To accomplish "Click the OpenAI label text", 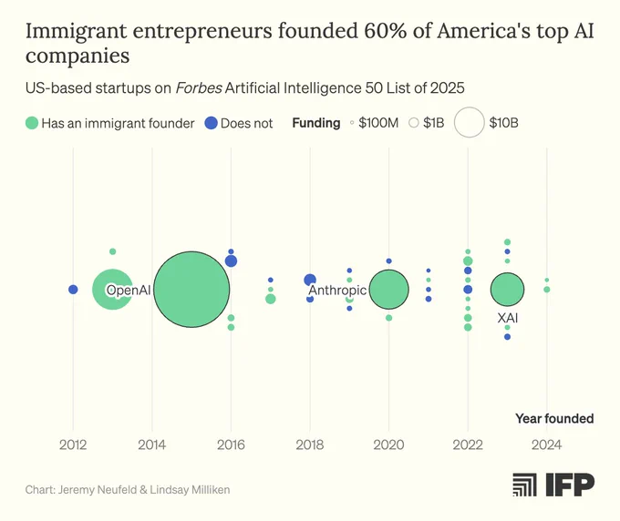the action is point(129,290).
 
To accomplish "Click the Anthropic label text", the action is point(337,291).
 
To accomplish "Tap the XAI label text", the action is point(507,318).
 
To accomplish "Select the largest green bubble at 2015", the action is point(191,289).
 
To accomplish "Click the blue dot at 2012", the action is point(73,290).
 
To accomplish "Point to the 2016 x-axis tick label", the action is point(231,444).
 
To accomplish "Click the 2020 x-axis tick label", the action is point(388,444).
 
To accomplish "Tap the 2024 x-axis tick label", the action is point(546,444).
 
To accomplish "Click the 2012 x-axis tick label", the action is point(73,444).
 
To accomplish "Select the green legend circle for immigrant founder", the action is point(32,123).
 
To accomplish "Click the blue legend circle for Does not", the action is point(212,123).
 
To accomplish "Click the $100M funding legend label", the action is point(378,123).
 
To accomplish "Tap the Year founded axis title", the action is point(554,418).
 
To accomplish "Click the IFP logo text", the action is point(570,485).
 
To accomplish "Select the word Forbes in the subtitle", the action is point(199,87).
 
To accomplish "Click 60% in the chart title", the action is point(385,31).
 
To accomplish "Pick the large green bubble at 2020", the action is point(388,289).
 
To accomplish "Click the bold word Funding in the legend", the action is point(316,123).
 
